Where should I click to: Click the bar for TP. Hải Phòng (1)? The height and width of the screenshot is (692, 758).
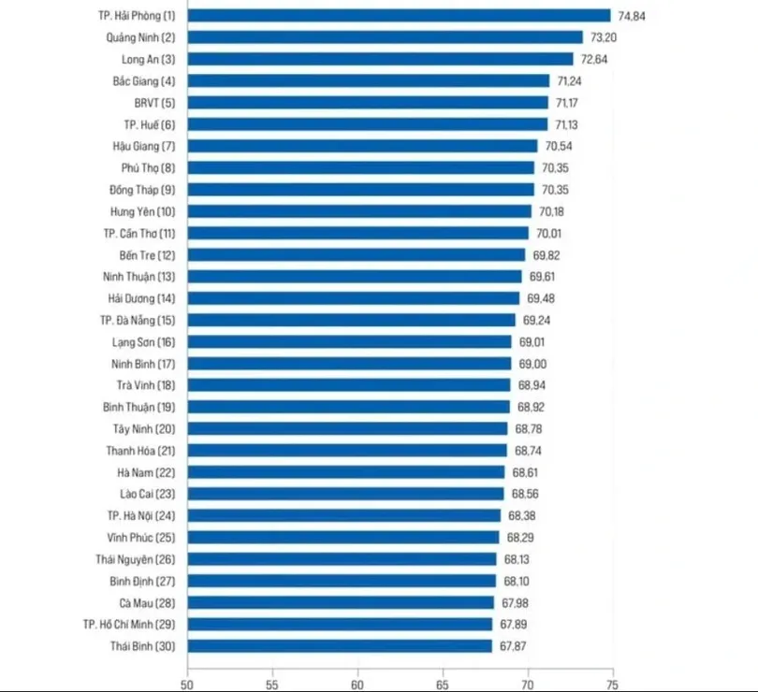tap(400, 16)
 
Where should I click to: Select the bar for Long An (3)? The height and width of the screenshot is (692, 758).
tap(381, 59)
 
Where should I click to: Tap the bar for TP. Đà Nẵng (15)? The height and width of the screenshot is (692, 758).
tap(352, 320)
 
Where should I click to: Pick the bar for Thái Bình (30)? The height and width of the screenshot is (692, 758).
tap(341, 645)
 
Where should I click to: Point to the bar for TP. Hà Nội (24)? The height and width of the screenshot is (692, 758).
tap(344, 515)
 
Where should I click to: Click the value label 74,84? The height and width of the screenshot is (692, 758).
tap(632, 16)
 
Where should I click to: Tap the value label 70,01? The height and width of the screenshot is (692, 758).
tap(550, 233)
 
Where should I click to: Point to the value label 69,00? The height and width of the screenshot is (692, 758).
tap(532, 364)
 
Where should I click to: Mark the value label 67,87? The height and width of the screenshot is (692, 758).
tap(513, 645)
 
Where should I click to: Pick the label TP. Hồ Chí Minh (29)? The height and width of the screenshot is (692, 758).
tap(130, 624)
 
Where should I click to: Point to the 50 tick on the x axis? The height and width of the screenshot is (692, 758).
tap(188, 682)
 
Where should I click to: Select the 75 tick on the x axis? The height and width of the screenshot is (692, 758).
tap(613, 682)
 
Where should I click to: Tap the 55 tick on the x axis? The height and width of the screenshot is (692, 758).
tap(273, 682)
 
